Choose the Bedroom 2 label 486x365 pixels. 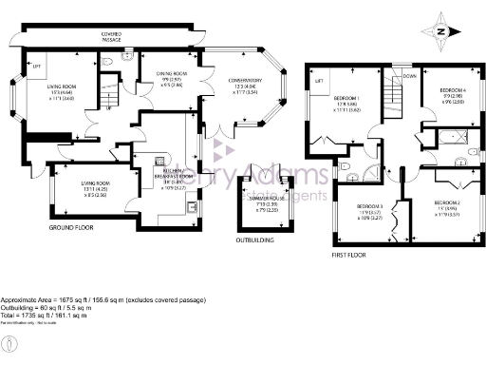point(446,204)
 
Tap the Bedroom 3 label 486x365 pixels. point(369,206)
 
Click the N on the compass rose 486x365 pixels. point(442,29)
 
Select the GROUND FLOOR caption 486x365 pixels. point(71,229)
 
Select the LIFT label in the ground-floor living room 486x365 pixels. point(37,67)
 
